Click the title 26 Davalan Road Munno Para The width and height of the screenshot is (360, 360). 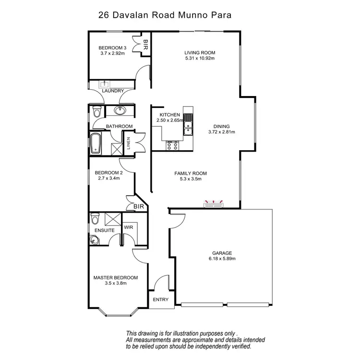pos(165,15)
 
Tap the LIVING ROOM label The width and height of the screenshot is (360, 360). pos(199,53)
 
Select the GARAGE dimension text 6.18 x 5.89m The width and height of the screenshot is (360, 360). pos(222,259)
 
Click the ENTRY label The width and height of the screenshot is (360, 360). pos(160,300)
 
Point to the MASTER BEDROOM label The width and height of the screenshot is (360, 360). pos(115,277)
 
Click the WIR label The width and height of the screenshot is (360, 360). pos(129,227)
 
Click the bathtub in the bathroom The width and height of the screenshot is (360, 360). pos(96,144)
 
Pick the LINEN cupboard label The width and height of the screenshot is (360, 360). pos(128,144)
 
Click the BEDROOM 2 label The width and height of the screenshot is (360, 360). pos(109,173)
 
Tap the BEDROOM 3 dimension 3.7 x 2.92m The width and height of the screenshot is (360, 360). pos(112,53)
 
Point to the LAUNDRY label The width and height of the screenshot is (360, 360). pos(112,91)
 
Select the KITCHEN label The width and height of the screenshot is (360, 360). pos(170,115)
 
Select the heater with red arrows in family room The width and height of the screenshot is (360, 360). pos(215,205)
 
